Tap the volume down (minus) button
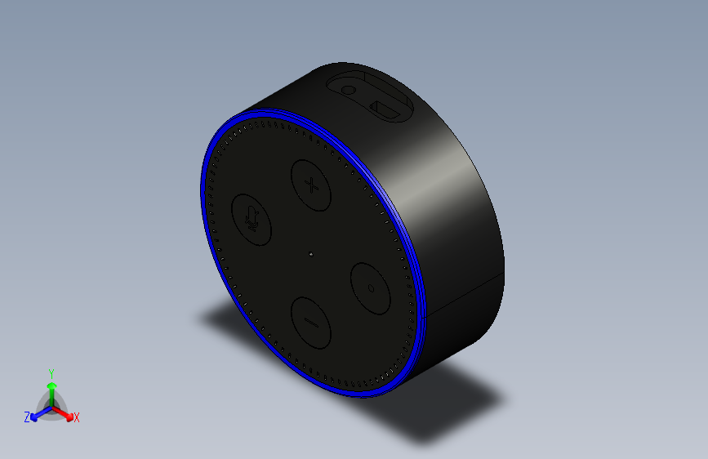(x=311, y=320)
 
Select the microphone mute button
(x=252, y=218)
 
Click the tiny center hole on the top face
(x=311, y=255)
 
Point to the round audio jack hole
(x=350, y=91)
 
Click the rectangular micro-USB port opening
(x=381, y=107)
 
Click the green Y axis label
(x=51, y=372)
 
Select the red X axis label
(x=77, y=418)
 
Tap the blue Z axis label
(x=27, y=417)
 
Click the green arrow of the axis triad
(x=51, y=387)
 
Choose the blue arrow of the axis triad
(x=38, y=413)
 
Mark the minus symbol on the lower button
(x=311, y=320)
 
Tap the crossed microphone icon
(x=252, y=217)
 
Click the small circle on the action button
(x=372, y=287)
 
